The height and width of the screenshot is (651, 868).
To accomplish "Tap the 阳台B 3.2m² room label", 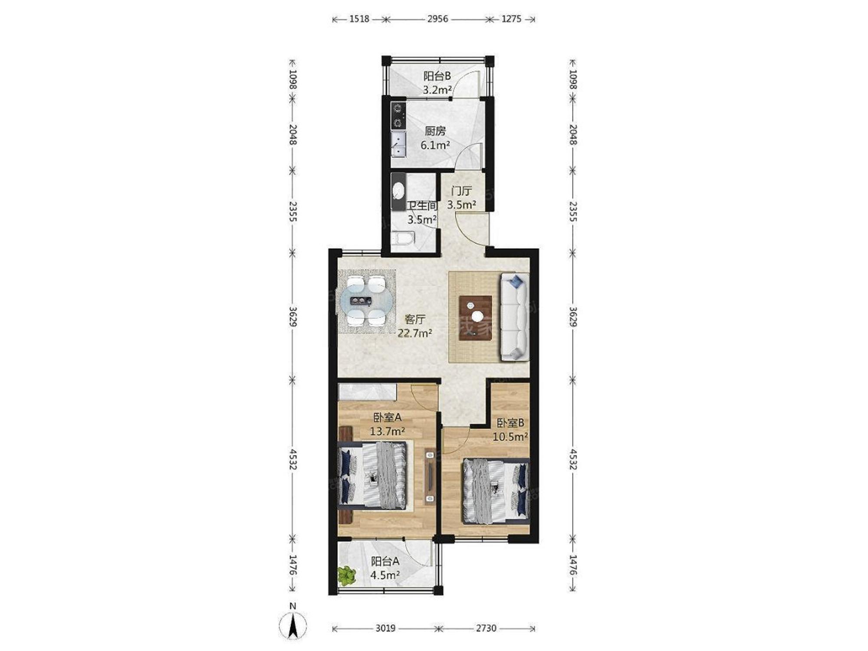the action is click(437, 83).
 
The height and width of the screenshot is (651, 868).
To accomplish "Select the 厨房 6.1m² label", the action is click(435, 138).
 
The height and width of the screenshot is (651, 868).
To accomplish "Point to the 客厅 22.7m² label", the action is click(415, 326).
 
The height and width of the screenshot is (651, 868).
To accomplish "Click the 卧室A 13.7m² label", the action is click(388, 424).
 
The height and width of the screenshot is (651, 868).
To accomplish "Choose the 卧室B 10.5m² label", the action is click(510, 430).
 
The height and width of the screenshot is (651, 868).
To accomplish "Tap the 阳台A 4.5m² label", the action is click(385, 568).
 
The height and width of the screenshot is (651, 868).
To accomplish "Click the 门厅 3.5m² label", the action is click(462, 197).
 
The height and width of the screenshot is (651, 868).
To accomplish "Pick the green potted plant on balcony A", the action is click(347, 575).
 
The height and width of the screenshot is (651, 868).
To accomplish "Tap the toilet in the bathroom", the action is click(402, 239).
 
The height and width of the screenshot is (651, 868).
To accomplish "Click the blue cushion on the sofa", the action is click(516, 281).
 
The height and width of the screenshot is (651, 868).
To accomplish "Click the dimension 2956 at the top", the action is click(437, 19).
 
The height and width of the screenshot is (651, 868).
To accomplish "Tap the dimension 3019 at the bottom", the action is click(385, 628).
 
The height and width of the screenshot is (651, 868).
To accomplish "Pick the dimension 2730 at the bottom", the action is click(486, 628).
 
